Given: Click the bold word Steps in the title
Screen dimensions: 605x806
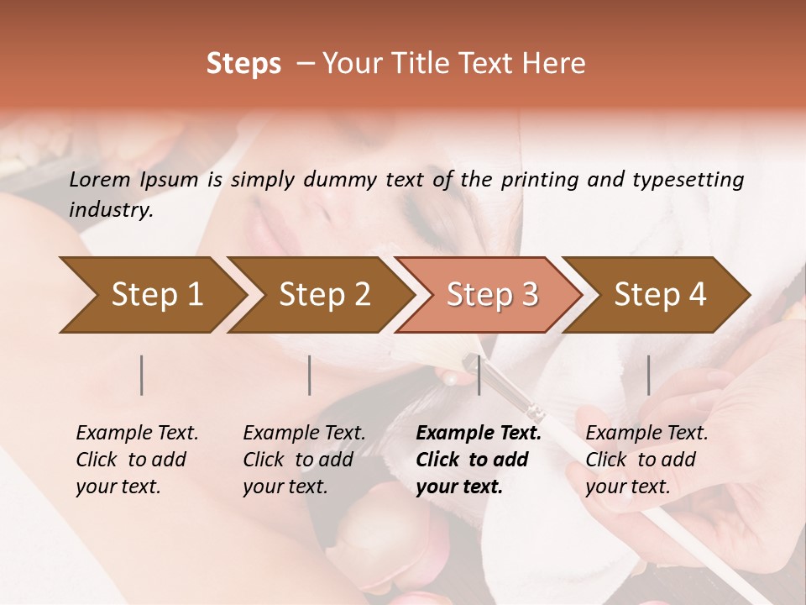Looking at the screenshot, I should [x=243, y=64].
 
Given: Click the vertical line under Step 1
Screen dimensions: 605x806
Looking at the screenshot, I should [x=142, y=375].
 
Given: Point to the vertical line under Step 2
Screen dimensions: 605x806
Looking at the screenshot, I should [x=310, y=375].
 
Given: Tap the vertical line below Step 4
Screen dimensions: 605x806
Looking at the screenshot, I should [x=649, y=375].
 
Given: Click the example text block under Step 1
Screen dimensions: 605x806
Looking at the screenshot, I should [x=137, y=460].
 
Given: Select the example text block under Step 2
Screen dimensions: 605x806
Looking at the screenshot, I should [x=304, y=460].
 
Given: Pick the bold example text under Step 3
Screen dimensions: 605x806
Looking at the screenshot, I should [x=479, y=460].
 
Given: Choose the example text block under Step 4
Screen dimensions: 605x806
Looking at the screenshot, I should [x=646, y=460].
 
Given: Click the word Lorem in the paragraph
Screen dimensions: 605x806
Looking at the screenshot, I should [x=100, y=179].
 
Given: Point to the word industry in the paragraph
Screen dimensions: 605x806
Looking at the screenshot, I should [x=111, y=210].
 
